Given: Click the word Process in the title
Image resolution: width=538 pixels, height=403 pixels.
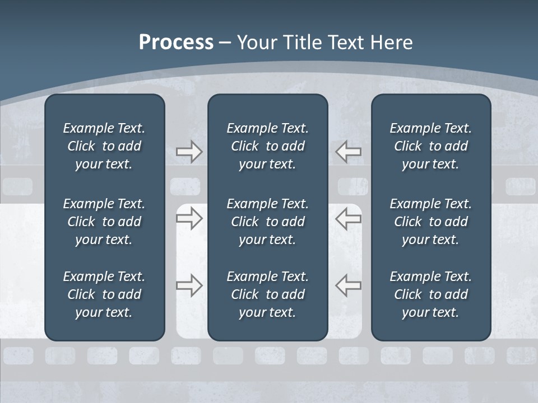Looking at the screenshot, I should pos(176,43).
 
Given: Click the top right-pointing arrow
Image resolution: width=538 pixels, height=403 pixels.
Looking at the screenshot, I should pos(189,152).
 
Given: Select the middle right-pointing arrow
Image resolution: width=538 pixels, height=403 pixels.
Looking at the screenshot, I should pos(189,218).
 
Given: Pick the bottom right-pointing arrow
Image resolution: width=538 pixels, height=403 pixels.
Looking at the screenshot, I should pos(189,285).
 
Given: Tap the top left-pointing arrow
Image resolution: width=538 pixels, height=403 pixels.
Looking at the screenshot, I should pos(349,152).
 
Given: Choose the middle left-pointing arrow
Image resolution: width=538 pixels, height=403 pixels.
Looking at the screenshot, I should pos(349,218).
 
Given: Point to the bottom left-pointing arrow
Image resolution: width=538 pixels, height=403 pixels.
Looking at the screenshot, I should pos(349,285).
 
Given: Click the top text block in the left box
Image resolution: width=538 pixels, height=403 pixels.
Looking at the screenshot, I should pos(104,146).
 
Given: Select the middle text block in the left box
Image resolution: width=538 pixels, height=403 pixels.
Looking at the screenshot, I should pos(104,222).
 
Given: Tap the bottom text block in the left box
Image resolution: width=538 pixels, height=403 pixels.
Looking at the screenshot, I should pos(104,294).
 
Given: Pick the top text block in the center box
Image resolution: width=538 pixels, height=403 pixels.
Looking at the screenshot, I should pos(267,146).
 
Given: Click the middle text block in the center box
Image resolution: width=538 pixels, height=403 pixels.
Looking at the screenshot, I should pos(267,222).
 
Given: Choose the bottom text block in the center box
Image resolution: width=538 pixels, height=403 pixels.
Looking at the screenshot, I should pos(267,294).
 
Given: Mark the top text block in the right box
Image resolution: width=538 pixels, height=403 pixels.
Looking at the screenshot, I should pos(430,146).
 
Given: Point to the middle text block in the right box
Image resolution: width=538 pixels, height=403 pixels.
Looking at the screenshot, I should pos(430,222).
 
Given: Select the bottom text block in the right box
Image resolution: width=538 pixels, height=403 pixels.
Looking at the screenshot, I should pos(430,294).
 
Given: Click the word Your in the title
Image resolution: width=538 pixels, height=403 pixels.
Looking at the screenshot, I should pos(256,43).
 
